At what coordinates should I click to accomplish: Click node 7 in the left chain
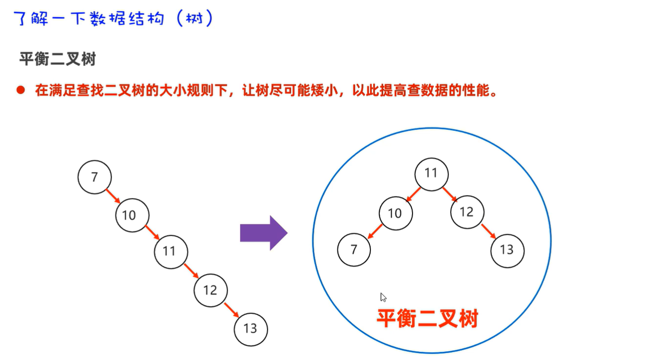(95, 177)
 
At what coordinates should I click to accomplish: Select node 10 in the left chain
(132, 215)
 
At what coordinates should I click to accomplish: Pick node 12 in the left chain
(210, 290)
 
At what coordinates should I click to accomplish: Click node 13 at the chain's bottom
(250, 329)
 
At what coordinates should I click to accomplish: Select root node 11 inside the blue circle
(431, 174)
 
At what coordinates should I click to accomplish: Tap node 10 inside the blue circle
(395, 214)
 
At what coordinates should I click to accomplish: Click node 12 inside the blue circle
(467, 212)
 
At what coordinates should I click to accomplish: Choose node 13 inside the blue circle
(507, 250)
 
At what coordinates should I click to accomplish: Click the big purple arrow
(264, 233)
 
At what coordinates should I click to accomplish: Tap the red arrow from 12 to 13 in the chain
(232, 310)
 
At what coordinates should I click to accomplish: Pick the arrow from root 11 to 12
(449, 194)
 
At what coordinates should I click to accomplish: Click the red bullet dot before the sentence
(20, 90)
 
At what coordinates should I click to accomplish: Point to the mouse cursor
(383, 297)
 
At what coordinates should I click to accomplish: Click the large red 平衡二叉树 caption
(428, 319)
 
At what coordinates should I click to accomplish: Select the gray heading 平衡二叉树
(57, 60)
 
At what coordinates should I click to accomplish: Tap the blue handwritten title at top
(113, 19)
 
